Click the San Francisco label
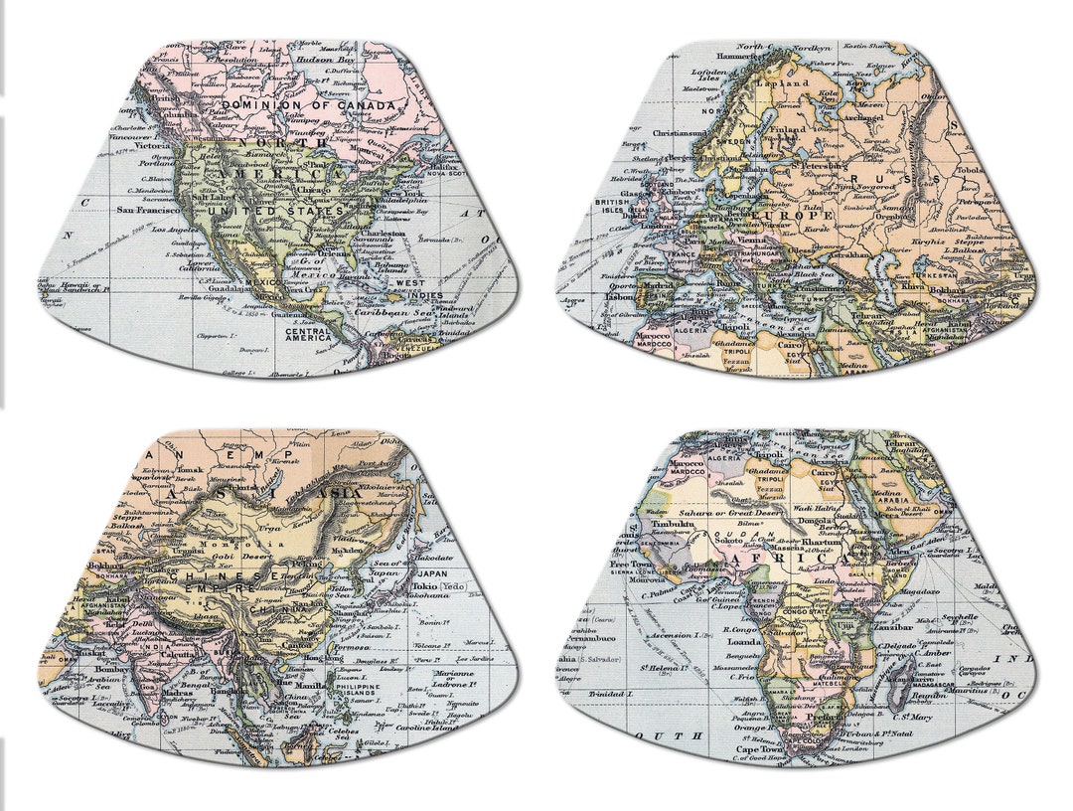coord(148,210)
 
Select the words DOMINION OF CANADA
coord(315,104)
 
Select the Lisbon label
coord(618,296)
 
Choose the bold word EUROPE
coord(792,216)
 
